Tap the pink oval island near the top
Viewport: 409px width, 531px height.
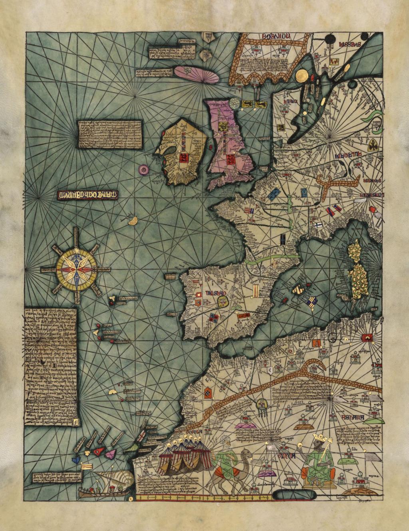[x=196, y=74]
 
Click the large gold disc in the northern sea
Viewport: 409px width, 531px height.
[x=302, y=75]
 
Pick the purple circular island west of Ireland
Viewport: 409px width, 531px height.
[x=143, y=170]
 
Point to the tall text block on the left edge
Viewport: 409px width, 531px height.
[x=50, y=366]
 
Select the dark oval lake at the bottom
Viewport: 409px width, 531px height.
[x=294, y=495]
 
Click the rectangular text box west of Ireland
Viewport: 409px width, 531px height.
[x=110, y=134]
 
